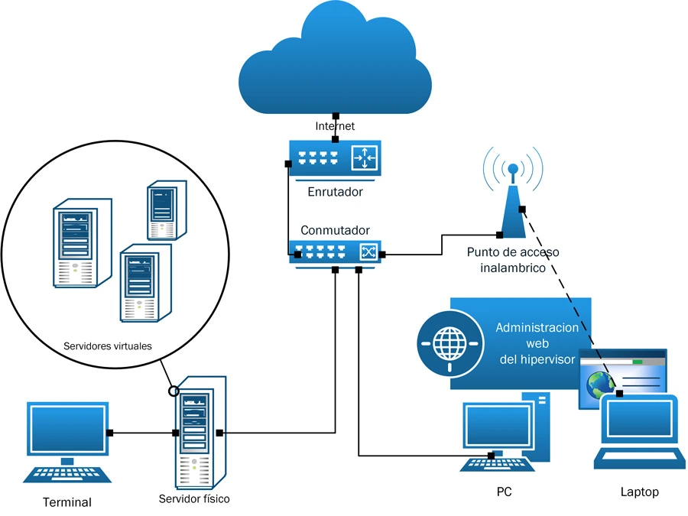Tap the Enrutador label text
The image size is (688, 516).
pos(335,192)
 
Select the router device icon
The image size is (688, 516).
pos(335,158)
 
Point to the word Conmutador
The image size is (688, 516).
pos(335,230)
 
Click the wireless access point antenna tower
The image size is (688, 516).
pos(513,199)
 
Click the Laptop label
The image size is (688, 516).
pos(639,492)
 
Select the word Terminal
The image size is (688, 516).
pos(67,502)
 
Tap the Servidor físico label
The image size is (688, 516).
pos(194,498)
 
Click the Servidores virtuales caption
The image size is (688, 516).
pos(108,346)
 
